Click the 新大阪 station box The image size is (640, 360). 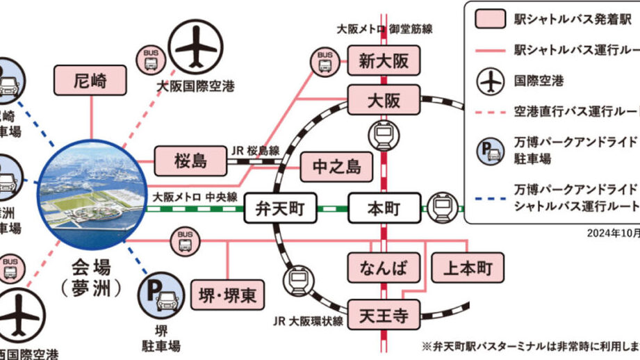point(384,61)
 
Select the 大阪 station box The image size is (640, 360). point(384,100)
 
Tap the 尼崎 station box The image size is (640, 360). point(91,81)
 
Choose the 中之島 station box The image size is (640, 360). point(336,167)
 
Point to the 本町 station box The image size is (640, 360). point(384,207)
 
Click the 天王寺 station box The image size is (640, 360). point(384,316)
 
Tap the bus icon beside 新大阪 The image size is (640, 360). point(325,62)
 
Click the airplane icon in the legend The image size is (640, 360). point(490,81)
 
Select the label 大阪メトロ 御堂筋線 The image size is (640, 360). point(384,29)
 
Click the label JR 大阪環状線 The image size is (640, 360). point(308,322)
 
